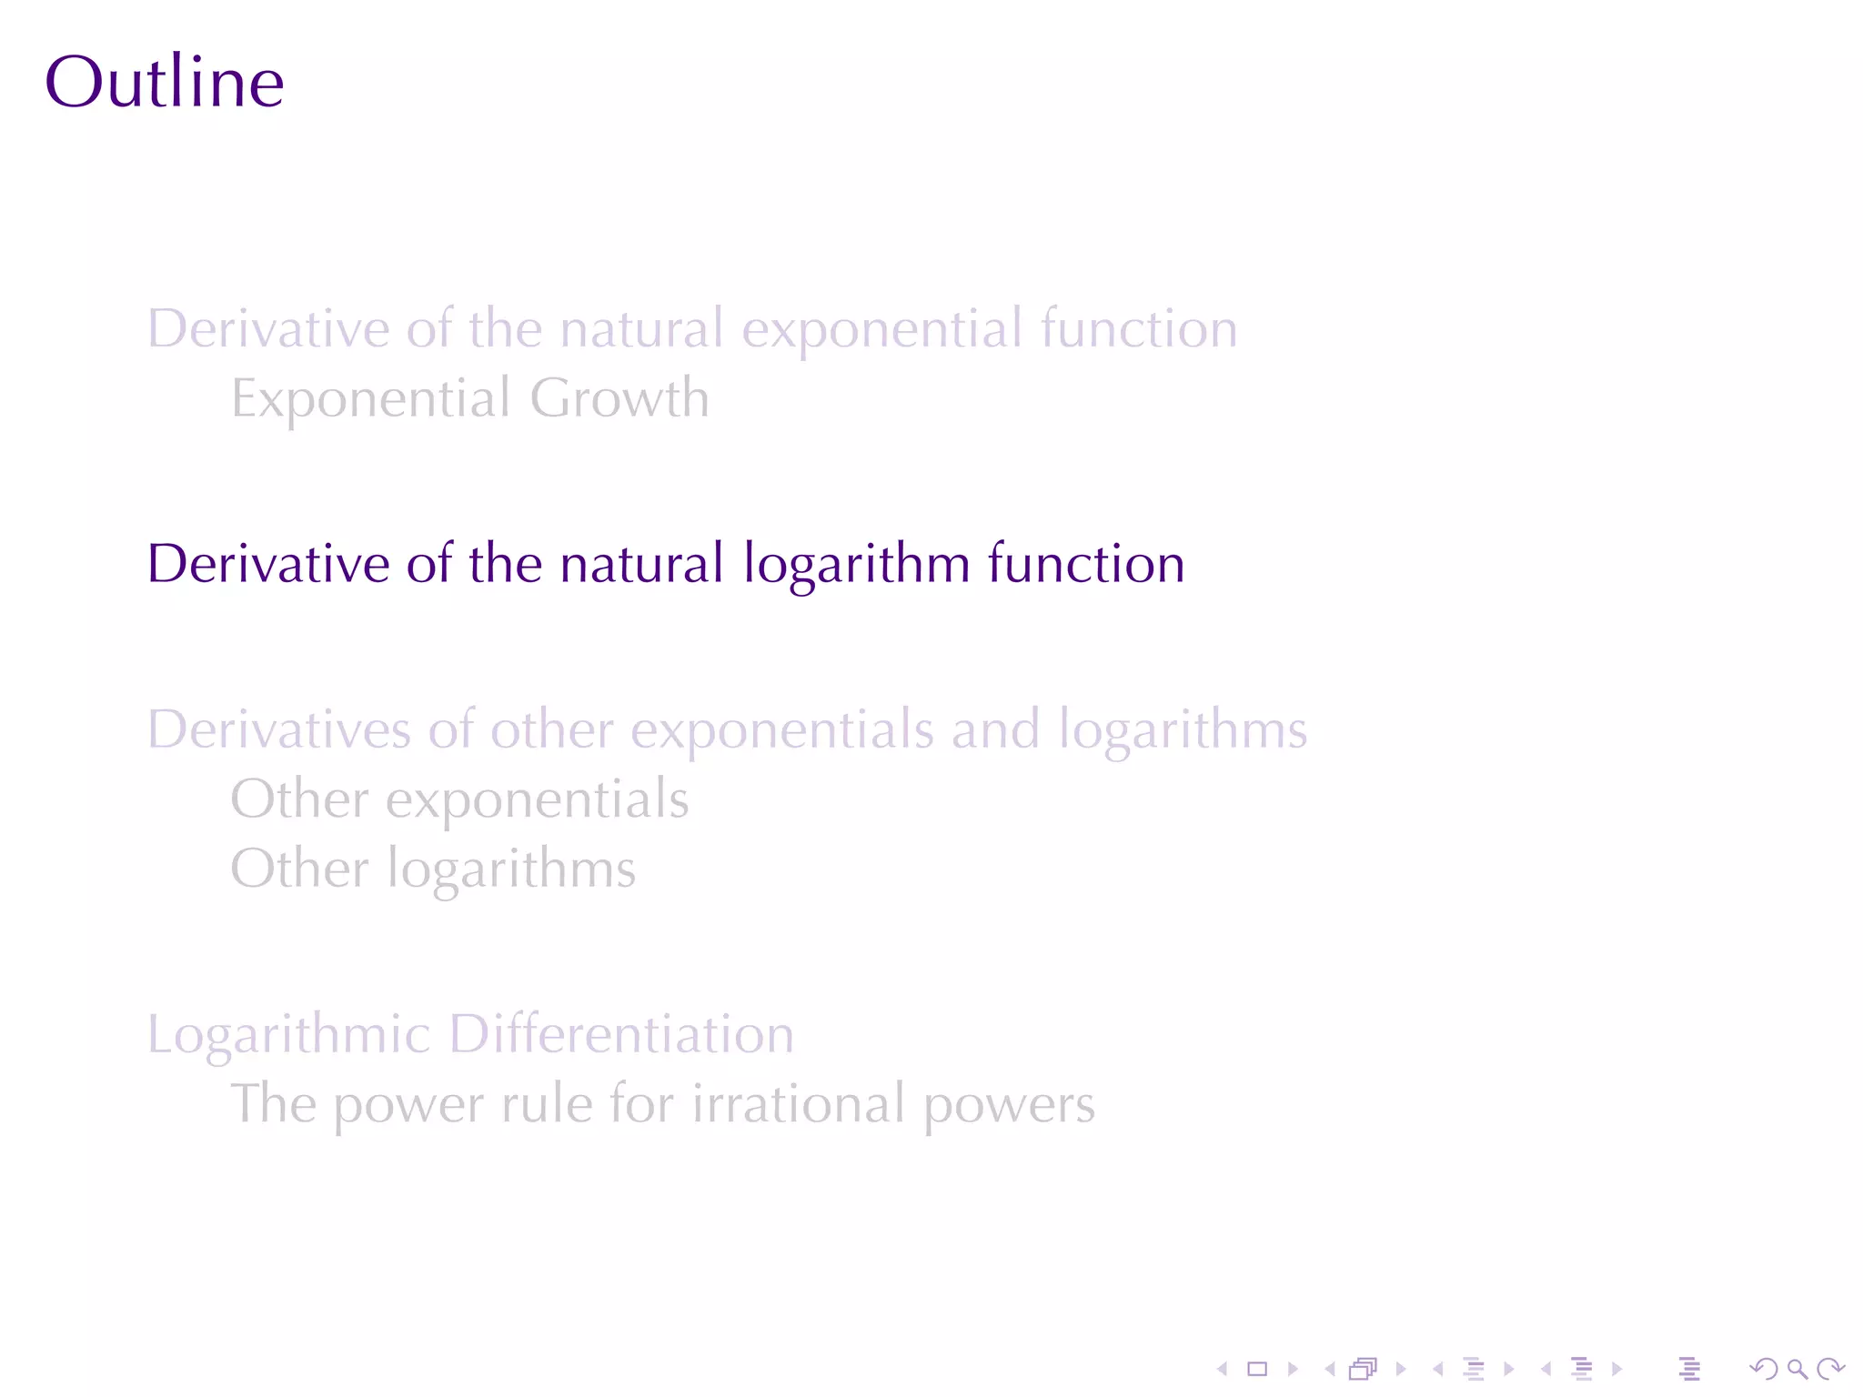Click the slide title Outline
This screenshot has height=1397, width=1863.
(165, 83)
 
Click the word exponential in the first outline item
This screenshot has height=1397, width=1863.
(882, 330)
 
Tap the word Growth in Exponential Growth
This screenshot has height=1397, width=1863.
(619, 399)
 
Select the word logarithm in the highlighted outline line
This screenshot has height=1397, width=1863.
(857, 565)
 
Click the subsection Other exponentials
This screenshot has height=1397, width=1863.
(459, 800)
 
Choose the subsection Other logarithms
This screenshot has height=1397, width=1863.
(433, 869)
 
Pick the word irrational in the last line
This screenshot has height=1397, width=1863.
(799, 1104)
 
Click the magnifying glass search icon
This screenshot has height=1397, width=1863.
(1797, 1369)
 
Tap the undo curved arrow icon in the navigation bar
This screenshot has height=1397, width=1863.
(1764, 1369)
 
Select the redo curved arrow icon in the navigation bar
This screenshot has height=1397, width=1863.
(1830, 1369)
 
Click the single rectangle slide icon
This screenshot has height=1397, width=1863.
(1257, 1369)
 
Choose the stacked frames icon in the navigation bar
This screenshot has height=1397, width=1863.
(1364, 1369)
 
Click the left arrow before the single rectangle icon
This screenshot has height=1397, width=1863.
(1223, 1369)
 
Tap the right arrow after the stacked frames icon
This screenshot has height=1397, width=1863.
(1401, 1369)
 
